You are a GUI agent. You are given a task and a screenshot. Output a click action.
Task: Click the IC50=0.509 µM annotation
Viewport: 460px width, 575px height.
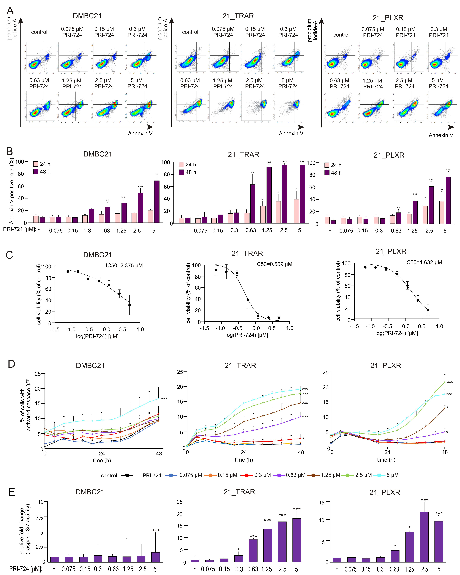pos(274,264)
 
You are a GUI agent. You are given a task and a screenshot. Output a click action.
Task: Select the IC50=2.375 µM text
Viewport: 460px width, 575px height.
pos(124,265)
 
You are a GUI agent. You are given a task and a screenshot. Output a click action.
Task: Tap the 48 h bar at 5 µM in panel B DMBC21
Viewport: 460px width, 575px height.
pos(157,202)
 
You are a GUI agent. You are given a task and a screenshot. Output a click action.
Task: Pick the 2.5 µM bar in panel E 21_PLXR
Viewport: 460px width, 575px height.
pos(424,537)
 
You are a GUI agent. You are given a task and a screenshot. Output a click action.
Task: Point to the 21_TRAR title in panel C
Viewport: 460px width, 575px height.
pos(247,253)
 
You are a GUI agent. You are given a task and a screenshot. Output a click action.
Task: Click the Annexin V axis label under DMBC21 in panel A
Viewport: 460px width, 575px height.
pos(140,133)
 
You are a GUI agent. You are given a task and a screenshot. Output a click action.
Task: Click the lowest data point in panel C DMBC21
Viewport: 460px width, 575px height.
pos(130,305)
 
